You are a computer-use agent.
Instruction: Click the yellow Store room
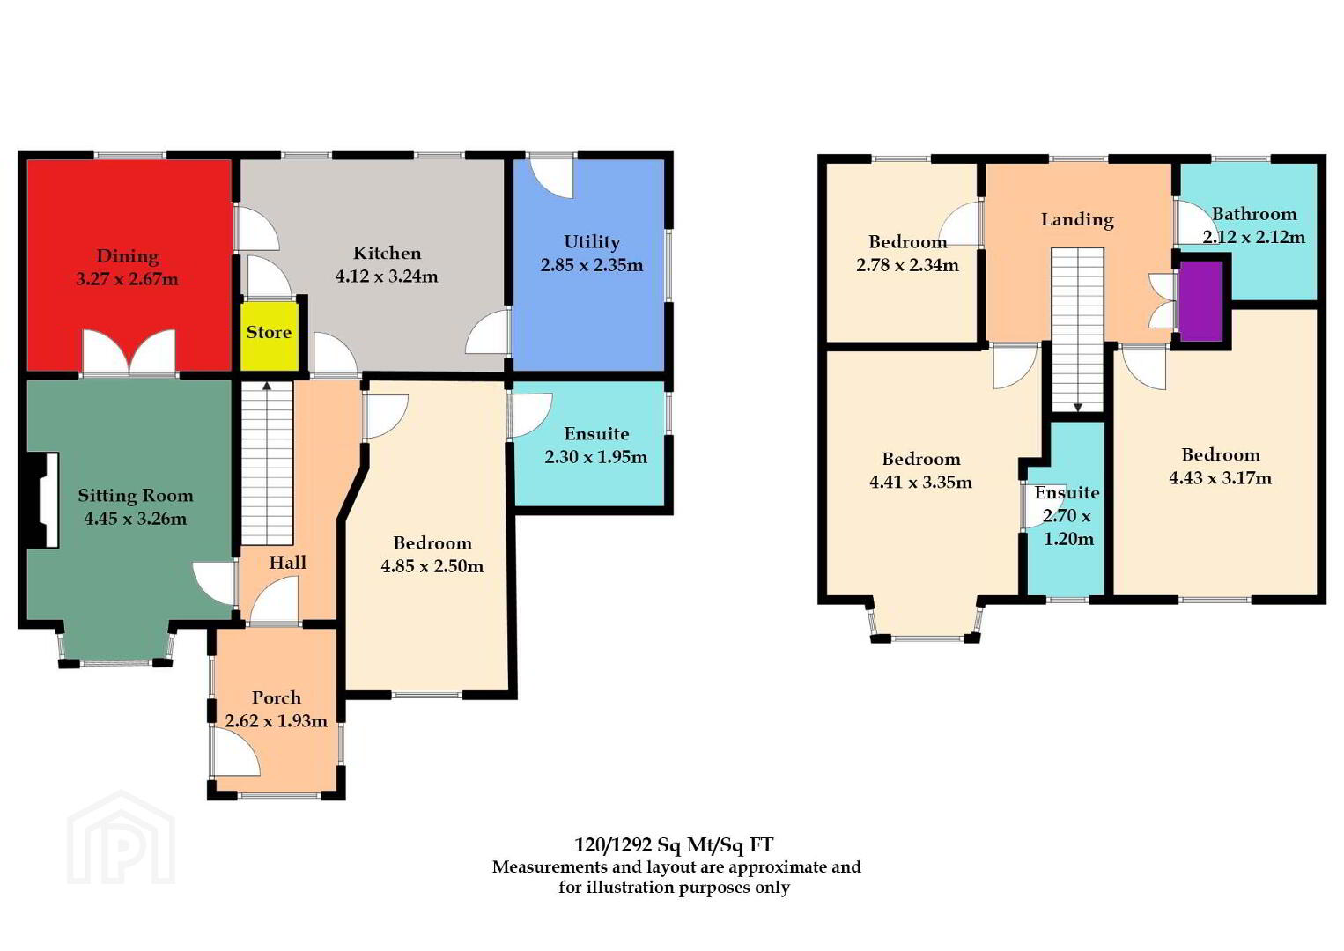(270, 336)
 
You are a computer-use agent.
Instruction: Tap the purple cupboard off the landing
(1200, 301)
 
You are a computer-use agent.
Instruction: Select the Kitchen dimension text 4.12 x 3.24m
(387, 276)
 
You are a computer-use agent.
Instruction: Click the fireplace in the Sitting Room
(43, 500)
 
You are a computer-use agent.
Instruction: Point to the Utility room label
(592, 242)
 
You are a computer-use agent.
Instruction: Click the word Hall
(287, 562)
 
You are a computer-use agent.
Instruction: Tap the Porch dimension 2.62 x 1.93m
(276, 720)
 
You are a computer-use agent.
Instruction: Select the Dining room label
(128, 257)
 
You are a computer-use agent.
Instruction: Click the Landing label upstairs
(1078, 220)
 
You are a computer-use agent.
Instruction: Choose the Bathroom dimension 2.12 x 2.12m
(1253, 237)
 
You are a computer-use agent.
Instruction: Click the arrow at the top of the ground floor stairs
(267, 386)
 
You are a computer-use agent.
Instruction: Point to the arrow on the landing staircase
(1078, 408)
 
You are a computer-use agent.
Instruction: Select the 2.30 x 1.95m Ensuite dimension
(595, 457)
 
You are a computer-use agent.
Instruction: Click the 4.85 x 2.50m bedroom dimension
(432, 566)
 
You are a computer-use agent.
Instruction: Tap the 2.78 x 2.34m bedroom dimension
(907, 265)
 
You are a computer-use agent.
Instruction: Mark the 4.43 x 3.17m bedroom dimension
(1221, 478)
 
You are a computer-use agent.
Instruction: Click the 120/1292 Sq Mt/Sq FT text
(674, 844)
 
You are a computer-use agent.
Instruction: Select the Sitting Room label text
(136, 497)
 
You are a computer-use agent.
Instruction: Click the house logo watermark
(121, 837)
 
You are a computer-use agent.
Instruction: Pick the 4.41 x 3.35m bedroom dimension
(920, 483)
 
